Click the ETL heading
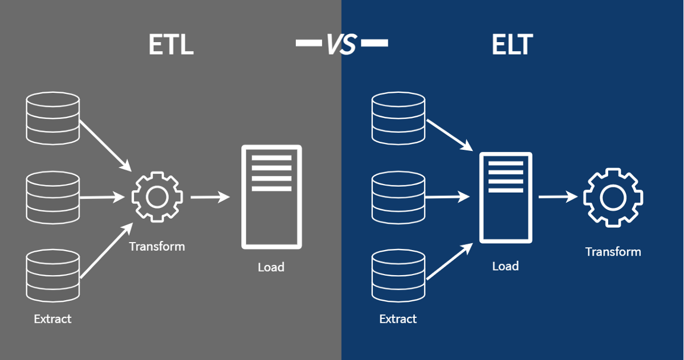click(171, 45)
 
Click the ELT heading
click(511, 45)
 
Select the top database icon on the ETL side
click(53, 117)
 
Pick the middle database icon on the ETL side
click(53, 198)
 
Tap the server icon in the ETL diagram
click(271, 197)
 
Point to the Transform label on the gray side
click(157, 247)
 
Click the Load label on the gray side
click(271, 267)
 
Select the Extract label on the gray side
click(52, 319)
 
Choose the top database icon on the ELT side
click(398, 118)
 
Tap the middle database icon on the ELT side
click(398, 198)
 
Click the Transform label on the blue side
click(613, 252)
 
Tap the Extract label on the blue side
click(398, 319)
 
